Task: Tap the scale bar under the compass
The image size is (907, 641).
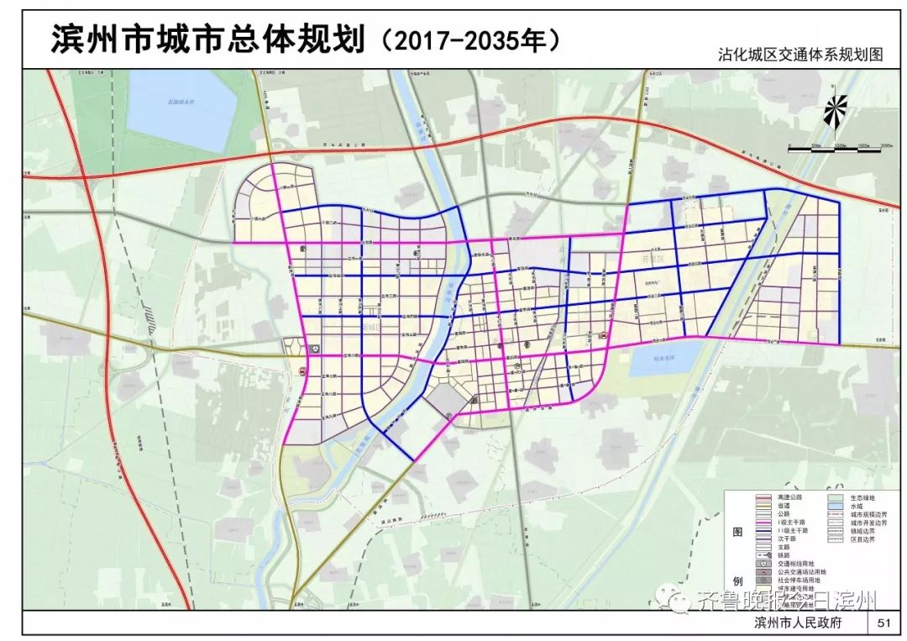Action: [841, 149]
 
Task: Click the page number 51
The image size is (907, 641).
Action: [883, 623]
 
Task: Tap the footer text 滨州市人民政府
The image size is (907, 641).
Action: [798, 623]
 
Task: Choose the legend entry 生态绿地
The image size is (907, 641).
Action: [861, 497]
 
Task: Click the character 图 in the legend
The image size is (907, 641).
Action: [738, 533]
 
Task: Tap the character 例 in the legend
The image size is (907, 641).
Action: [738, 581]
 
